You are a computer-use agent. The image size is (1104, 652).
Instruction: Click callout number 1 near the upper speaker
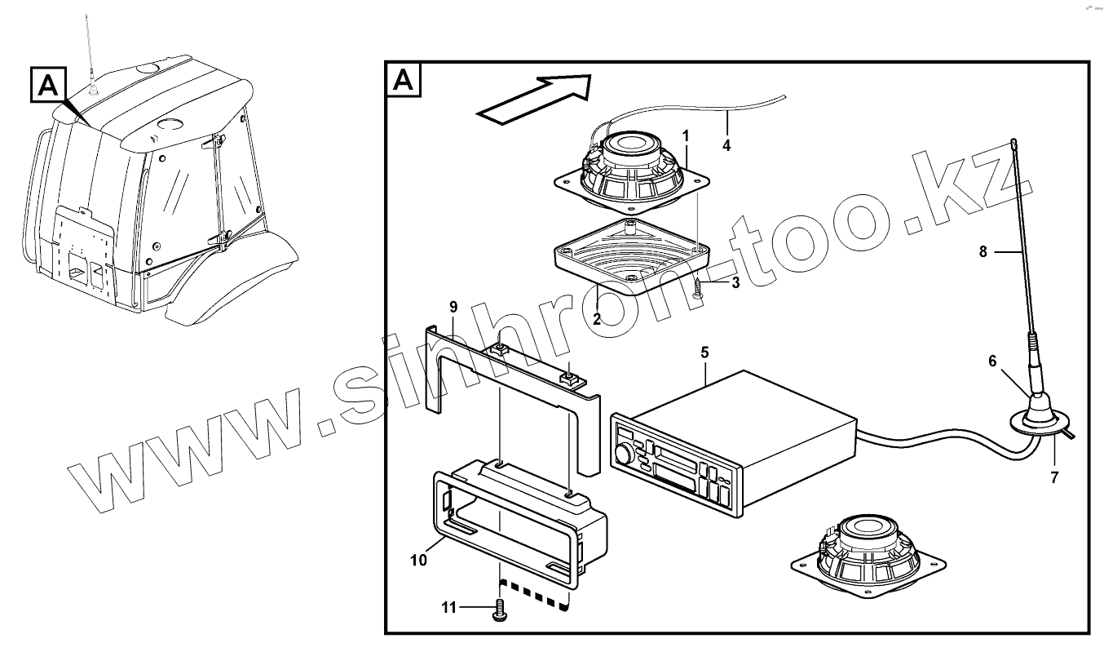point(686,134)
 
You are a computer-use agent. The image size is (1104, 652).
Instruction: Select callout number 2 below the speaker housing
point(597,319)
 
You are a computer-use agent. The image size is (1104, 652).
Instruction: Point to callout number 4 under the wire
point(726,147)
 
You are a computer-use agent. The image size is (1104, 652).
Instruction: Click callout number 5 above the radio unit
point(704,353)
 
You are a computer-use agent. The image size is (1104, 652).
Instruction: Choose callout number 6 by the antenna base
point(992,361)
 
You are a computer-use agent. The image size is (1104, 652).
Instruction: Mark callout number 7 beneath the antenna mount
point(1054,478)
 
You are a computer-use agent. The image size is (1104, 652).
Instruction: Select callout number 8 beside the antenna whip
point(983,252)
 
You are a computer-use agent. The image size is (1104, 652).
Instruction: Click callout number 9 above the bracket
point(453,307)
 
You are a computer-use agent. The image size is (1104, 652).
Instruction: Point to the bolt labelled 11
point(500,610)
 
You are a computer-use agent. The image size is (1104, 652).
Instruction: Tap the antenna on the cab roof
point(91,49)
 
